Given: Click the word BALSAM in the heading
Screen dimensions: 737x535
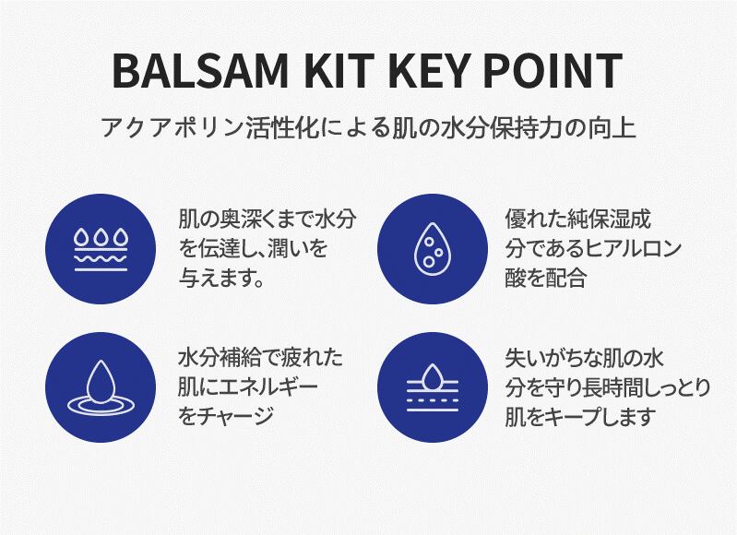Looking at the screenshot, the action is coord(200,71).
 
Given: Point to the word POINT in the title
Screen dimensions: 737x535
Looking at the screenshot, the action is coord(553,71).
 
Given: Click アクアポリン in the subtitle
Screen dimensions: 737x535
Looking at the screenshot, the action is coord(172,127).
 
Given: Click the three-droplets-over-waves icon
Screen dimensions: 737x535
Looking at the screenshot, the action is coord(101,250).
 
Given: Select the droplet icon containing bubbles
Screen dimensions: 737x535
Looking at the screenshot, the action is coord(432,250).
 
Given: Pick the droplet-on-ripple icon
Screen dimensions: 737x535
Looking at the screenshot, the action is coord(101,387).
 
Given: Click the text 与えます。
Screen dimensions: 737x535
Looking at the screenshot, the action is coord(221,279).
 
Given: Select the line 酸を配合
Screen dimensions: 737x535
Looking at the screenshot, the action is coord(545,278).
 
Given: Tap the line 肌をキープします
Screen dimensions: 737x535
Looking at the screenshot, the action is coord(580,417).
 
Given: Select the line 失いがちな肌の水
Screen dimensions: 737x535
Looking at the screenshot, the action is coord(584,358).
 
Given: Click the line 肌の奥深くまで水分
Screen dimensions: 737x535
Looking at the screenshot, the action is coord(267,220).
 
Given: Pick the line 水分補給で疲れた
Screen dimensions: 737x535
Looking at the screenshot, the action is coord(260,358).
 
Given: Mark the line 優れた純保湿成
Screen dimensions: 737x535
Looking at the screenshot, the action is coord(577,220).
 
